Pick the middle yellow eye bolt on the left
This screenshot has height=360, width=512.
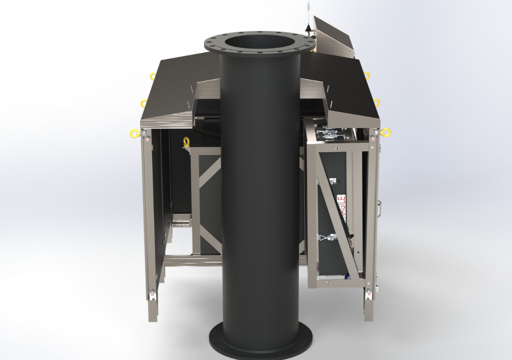click(x=144, y=103)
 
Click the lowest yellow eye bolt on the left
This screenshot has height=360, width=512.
click(x=134, y=133)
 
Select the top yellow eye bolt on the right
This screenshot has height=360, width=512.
click(x=367, y=75)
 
